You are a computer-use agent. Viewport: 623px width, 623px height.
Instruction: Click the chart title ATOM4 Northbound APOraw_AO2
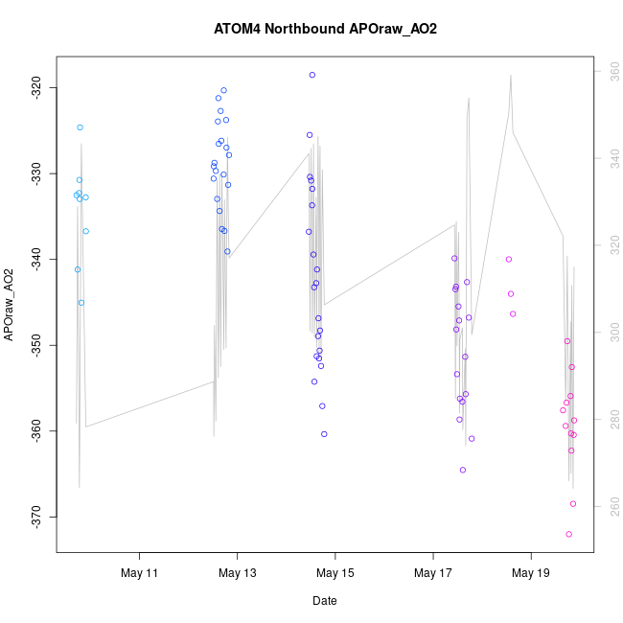click(325, 29)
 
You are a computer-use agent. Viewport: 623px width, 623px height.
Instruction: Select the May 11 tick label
click(139, 573)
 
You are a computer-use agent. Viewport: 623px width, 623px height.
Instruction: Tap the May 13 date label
click(237, 573)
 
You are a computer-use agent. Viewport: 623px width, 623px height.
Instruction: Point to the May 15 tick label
click(335, 573)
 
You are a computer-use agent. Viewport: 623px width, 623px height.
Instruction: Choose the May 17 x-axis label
click(433, 573)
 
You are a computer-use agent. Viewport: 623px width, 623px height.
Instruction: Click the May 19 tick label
click(531, 573)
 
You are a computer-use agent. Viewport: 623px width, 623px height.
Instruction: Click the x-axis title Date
click(324, 601)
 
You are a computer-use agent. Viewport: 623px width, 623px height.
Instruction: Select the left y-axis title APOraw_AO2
click(10, 305)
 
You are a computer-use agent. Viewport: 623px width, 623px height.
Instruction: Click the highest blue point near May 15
click(312, 75)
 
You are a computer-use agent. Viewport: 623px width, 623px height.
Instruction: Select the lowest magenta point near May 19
click(568, 534)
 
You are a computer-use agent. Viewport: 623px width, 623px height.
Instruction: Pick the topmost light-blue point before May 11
click(80, 127)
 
